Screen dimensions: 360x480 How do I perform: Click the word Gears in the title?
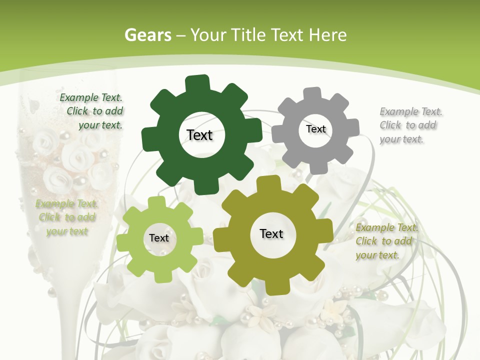[x=147, y=35]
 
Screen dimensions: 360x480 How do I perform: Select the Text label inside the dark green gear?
[x=199, y=135]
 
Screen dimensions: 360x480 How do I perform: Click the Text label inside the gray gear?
[x=315, y=129]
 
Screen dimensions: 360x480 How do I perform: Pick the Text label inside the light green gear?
[x=159, y=238]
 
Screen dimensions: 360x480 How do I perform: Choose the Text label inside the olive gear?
[x=271, y=233]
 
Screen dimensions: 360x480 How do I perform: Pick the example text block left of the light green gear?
[x=67, y=217]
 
